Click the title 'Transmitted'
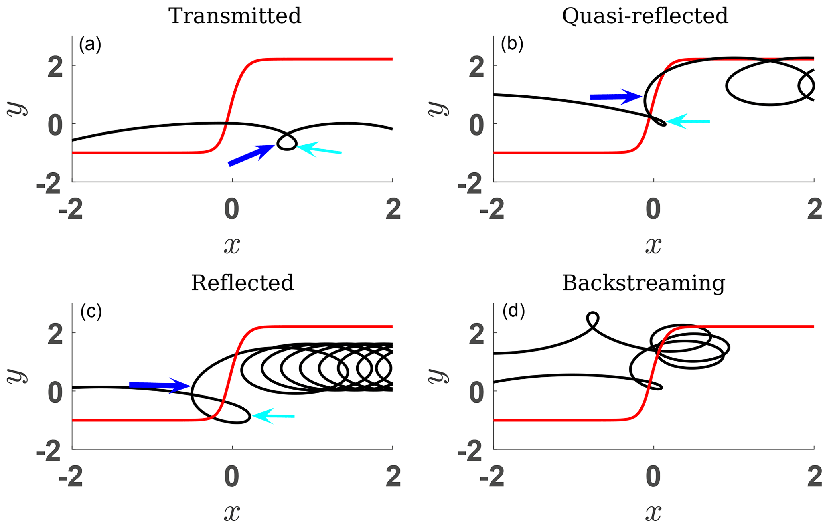tap(235, 16)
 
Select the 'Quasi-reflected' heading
tap(645, 16)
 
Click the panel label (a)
tap(90, 45)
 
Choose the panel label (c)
tap(91, 312)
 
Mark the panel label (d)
tap(513, 311)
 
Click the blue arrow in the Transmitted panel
tap(251, 155)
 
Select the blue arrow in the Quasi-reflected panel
tap(616, 97)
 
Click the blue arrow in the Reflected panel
tap(160, 385)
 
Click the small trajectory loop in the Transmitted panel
tap(287, 142)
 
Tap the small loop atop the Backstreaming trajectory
tap(592, 319)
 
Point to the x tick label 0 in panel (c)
tap(232, 477)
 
